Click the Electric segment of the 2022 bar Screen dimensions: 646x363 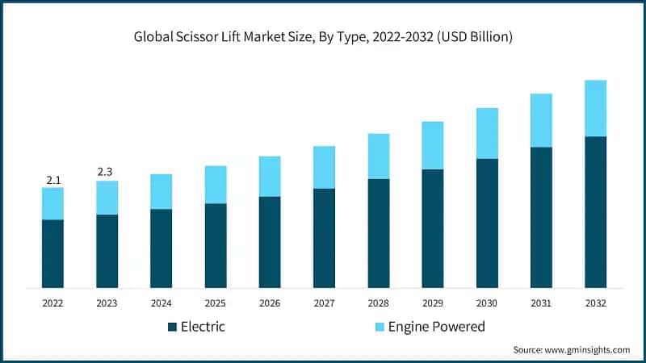click(52, 253)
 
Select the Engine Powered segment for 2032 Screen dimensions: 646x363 click(595, 108)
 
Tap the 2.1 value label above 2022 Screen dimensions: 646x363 click(53, 180)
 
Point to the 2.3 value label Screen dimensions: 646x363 click(105, 172)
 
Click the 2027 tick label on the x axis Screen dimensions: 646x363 click(325, 303)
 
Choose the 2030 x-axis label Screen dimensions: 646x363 click(487, 303)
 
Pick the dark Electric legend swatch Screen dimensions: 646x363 click(172, 327)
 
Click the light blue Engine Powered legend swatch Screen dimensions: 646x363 click(380, 327)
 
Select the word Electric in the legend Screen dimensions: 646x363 click(203, 327)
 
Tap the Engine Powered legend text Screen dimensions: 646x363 click(437, 327)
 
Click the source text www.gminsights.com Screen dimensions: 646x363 click(588, 350)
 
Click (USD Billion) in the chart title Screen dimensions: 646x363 click(475, 36)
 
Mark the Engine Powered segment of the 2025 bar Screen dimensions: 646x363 click(216, 185)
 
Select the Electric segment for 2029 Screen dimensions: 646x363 click(433, 228)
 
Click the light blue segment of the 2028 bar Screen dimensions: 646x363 click(379, 156)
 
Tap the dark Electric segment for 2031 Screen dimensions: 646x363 click(541, 217)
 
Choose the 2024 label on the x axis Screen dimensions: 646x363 click(161, 303)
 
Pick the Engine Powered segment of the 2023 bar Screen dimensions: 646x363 click(107, 198)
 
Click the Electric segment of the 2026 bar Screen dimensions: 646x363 click(270, 242)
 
